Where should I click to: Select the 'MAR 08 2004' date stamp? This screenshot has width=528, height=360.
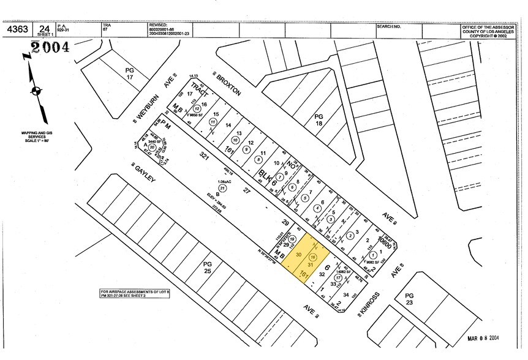pyautogui.click(x=482, y=337)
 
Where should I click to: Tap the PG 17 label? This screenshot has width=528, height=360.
pyautogui.click(x=129, y=74)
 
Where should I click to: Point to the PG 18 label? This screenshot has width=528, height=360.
pyautogui.click(x=318, y=119)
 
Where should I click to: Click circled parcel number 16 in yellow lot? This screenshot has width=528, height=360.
pyautogui.click(x=314, y=257)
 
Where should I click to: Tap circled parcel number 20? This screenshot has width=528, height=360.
pyautogui.click(x=151, y=148)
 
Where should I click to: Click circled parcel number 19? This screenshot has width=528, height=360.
pyautogui.click(x=293, y=239)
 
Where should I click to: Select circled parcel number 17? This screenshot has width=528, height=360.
pyautogui.click(x=338, y=277)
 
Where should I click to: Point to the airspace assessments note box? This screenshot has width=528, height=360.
pyautogui.click(x=135, y=293)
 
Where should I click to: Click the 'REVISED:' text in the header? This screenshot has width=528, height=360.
pyautogui.click(x=157, y=25)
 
